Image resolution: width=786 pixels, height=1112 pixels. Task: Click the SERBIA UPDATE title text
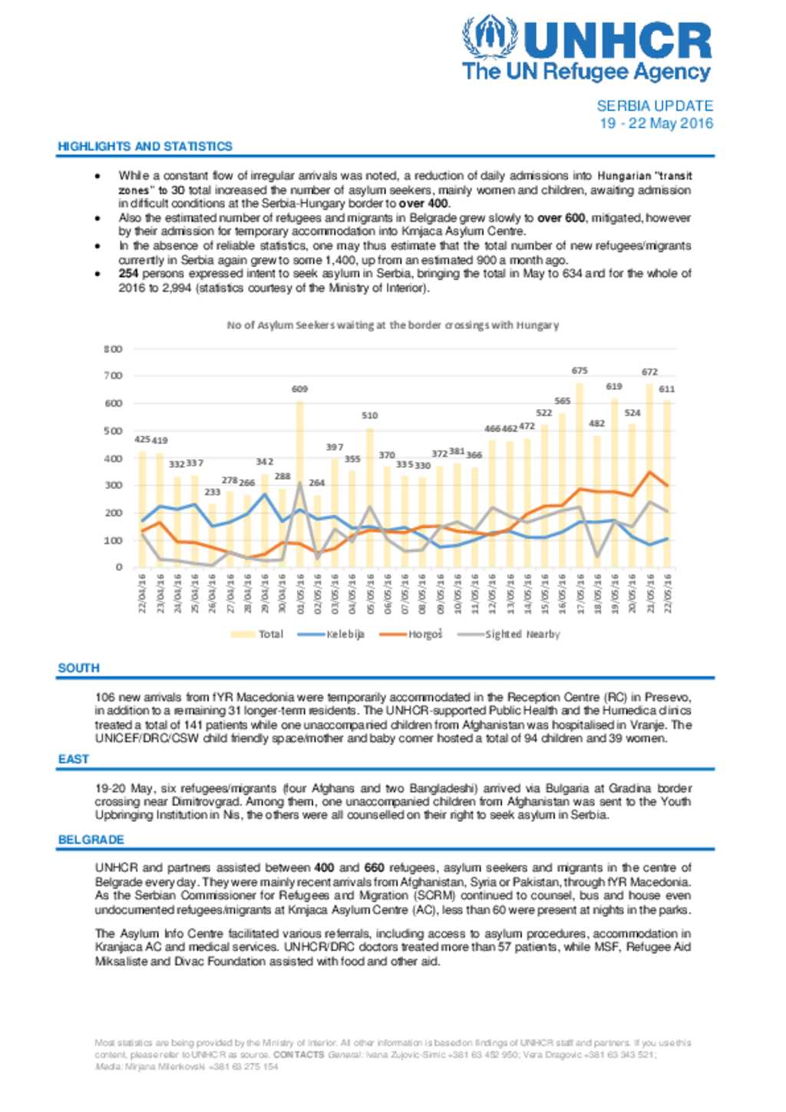655,106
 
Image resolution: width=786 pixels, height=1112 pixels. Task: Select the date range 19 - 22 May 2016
656,124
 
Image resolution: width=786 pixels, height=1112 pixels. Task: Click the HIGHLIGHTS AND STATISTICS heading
145,146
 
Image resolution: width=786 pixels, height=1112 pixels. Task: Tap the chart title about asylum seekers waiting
392,325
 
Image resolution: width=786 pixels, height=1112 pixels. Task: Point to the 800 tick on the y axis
113,349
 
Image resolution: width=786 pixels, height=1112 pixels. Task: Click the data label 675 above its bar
580,371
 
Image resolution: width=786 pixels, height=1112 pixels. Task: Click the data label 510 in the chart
370,415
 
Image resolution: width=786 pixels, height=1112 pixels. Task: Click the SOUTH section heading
78,668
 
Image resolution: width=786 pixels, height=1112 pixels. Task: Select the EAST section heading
74,759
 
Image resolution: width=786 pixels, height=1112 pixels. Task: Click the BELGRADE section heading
91,840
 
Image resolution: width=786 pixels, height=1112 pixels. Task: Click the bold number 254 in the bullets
128,274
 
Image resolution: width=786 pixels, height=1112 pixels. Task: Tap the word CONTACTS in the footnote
299,1054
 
